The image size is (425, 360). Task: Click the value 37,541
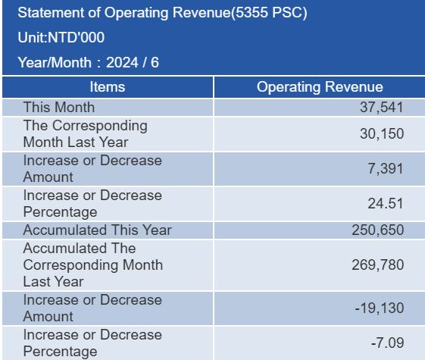click(x=382, y=108)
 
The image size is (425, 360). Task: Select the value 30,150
click(x=382, y=134)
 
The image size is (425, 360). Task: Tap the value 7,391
click(x=386, y=169)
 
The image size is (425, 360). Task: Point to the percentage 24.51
click(x=386, y=203)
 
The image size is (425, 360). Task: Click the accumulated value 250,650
click(x=378, y=230)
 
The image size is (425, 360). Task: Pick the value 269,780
click(x=378, y=265)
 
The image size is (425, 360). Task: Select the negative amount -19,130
click(x=380, y=308)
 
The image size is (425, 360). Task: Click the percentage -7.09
click(x=388, y=343)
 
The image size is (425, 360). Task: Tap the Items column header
click(x=108, y=87)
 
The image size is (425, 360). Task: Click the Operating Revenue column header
click(x=320, y=87)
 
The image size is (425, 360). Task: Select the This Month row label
click(x=59, y=107)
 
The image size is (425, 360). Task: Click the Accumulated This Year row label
click(x=97, y=230)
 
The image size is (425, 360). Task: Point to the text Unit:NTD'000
click(x=61, y=37)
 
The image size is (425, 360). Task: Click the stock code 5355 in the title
click(x=252, y=12)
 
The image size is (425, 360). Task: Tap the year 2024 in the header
click(x=122, y=63)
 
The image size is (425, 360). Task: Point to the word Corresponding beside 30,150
click(x=100, y=126)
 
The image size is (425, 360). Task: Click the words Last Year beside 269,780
click(x=53, y=282)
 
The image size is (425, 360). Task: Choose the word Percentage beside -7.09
click(x=60, y=352)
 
